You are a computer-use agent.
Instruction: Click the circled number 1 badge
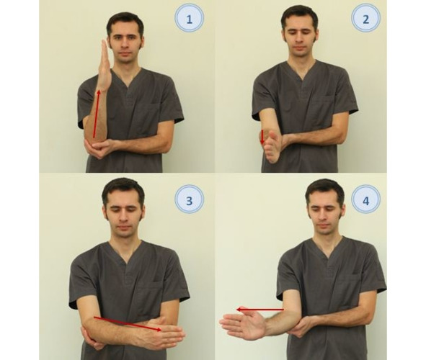coord(189,19)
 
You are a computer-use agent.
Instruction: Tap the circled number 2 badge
coord(365,19)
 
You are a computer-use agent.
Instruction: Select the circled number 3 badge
coord(189,200)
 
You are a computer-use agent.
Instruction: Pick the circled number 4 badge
coord(365,200)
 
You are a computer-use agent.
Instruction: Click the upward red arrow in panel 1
coord(96,114)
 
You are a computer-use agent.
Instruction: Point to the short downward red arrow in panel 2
coord(262,138)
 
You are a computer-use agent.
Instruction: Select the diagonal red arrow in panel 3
coord(128,324)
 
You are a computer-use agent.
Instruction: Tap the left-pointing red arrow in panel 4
coord(260,310)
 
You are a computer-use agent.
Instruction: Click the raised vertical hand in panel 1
coord(105,65)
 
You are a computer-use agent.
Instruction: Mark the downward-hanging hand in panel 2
coord(272,146)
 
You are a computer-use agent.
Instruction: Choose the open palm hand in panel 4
coord(243,325)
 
